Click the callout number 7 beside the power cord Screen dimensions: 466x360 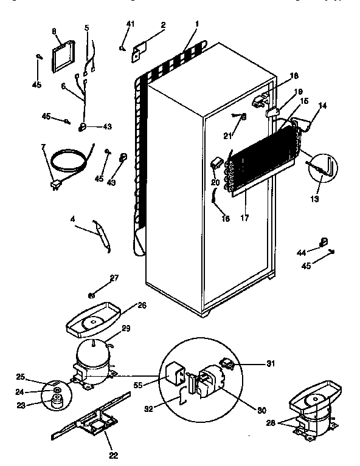pos(43,147)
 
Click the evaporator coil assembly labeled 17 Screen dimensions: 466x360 pos(261,167)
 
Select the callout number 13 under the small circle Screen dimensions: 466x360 pos(314,198)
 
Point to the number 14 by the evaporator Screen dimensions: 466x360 pos(322,106)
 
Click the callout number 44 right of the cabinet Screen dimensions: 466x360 pos(302,252)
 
